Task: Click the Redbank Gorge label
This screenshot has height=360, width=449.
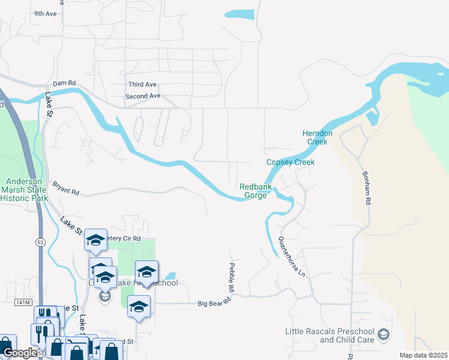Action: point(256,191)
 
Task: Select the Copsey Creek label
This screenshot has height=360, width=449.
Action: point(291,162)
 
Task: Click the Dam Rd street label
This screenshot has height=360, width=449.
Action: point(64,83)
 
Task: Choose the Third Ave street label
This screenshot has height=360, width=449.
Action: point(142,85)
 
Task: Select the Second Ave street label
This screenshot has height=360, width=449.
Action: point(143,96)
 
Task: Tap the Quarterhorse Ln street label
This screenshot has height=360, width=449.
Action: point(292,252)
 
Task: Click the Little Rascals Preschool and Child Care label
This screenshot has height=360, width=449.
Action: point(330,336)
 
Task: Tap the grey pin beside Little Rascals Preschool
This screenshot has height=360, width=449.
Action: point(384,334)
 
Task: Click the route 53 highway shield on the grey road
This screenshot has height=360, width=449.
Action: point(41,224)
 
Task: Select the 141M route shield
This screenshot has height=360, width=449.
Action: point(23,303)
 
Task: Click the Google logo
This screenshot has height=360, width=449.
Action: point(19,353)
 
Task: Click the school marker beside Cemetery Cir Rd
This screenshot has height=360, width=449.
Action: point(95,240)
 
